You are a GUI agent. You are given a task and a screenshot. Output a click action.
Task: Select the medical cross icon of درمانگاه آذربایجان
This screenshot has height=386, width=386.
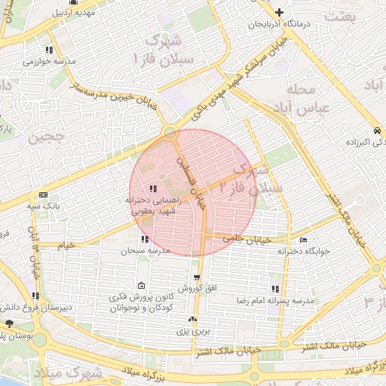click(x=280, y=12)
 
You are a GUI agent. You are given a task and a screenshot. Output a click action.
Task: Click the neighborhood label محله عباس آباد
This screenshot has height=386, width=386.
click(x=307, y=99)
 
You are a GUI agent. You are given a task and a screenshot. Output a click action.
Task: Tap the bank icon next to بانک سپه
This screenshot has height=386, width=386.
click(x=43, y=194)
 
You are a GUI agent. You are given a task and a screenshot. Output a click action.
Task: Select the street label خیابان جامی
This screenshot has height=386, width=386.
click(x=242, y=238)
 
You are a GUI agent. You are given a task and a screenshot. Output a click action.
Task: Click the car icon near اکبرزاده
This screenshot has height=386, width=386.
click(x=376, y=130)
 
